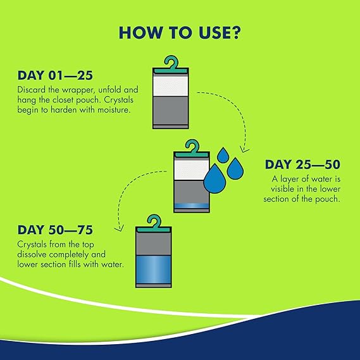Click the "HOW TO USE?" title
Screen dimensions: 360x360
[180, 33]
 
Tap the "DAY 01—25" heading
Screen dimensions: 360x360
[55, 75]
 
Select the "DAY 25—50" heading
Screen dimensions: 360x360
[302, 164]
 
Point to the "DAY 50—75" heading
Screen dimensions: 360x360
[55, 230]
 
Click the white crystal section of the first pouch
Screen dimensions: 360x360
[170, 86]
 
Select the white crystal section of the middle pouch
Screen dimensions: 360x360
[191, 170]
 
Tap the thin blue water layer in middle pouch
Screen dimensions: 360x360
[192, 206]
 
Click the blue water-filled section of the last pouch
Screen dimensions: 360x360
[154, 270]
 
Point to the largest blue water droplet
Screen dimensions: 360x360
[214, 178]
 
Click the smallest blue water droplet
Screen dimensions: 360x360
[223, 155]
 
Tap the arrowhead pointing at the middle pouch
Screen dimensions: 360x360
[244, 149]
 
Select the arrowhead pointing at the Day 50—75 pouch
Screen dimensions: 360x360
[120, 228]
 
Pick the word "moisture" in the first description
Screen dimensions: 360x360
[114, 109]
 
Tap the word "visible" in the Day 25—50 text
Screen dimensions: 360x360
[282, 189]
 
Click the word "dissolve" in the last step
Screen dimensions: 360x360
[32, 254]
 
